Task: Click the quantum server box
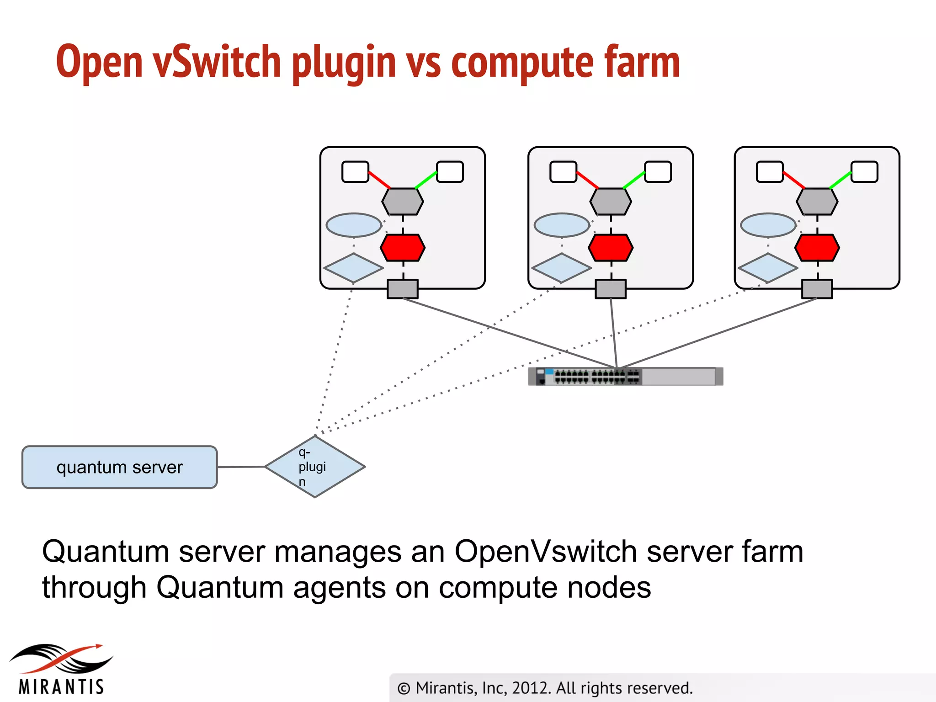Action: [119, 467]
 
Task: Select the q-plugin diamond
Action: [315, 467]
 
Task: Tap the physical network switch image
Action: [625, 377]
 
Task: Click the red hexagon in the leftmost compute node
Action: [403, 248]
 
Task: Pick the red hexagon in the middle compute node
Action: [611, 248]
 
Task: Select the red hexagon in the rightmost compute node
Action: [817, 248]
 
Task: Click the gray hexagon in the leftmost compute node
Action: [403, 202]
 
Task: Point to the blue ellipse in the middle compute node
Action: [562, 225]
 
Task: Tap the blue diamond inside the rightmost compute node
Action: [768, 268]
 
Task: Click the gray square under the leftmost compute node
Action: [403, 289]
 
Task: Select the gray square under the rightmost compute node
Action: [817, 289]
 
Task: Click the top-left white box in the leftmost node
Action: [355, 172]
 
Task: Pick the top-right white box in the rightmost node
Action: [864, 172]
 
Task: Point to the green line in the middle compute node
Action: [634, 180]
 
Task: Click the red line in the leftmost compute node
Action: [379, 180]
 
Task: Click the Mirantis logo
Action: [61, 670]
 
